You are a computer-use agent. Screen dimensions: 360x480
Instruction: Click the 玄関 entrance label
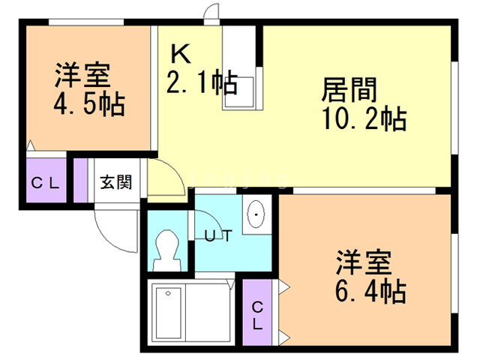(x=117, y=181)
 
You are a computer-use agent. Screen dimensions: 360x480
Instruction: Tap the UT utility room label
(x=217, y=234)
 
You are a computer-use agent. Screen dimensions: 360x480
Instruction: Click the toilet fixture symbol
(x=166, y=250)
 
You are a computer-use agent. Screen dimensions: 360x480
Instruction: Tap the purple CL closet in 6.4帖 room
(x=257, y=315)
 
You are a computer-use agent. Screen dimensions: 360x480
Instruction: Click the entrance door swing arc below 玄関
(x=112, y=229)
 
